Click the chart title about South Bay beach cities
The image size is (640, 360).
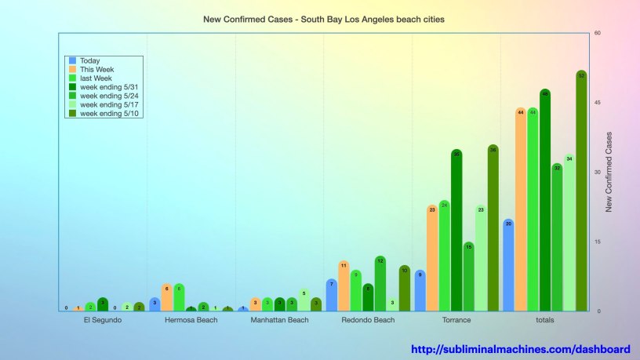click(324, 18)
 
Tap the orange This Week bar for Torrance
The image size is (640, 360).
click(432, 258)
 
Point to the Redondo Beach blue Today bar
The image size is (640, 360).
click(332, 295)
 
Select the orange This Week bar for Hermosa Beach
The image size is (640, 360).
click(166, 297)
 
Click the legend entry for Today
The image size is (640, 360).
click(89, 60)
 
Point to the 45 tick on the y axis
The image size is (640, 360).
click(598, 103)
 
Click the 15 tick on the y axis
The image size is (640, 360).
click(598, 242)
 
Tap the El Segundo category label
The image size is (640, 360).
click(103, 321)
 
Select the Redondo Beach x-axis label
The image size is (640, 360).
click(368, 321)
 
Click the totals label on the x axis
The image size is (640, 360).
click(544, 321)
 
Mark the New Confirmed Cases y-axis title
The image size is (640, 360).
click(609, 173)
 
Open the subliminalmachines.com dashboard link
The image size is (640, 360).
click(521, 349)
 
